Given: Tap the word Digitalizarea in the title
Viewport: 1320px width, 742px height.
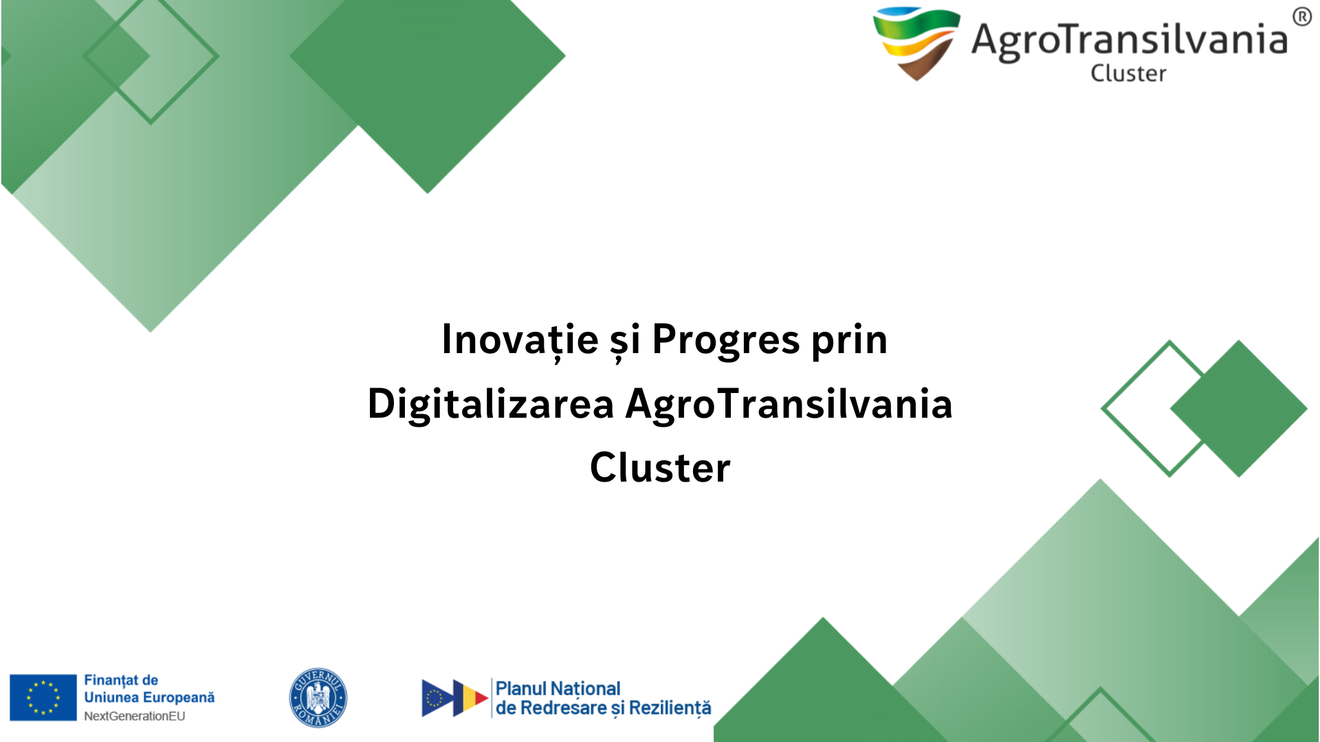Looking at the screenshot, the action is coord(491,405).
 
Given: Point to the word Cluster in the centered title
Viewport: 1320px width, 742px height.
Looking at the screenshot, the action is coord(660,468).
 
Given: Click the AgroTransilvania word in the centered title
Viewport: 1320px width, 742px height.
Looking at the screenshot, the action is coord(789,405).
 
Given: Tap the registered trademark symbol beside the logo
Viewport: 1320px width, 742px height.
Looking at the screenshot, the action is coord(1301,16).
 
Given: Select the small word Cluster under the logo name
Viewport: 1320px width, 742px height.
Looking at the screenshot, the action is coord(1128,73).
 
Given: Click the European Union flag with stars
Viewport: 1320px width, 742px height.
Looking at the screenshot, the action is coord(43,697).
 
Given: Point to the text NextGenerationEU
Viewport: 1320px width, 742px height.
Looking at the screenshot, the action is coord(135,716).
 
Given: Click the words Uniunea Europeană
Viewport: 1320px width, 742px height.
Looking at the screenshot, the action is coord(149,697).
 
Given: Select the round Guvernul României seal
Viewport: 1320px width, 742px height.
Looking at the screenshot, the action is coord(318,697).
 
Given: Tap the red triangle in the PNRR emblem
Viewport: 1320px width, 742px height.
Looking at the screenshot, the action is coord(481,698).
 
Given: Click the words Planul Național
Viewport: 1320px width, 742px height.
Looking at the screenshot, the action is coord(558,688).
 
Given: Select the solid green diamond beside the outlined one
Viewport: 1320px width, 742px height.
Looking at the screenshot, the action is coord(1239,409).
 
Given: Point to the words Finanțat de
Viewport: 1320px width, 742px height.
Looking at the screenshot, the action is coord(121,680).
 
